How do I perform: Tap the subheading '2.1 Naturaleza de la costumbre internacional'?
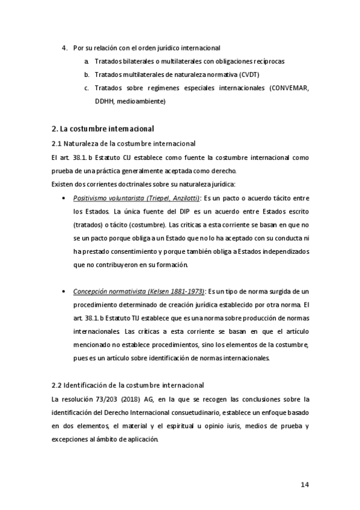pyautogui.click(x=123, y=143)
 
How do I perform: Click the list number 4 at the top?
pyautogui.click(x=64, y=47)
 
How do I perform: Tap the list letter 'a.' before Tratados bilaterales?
pyautogui.click(x=87, y=61)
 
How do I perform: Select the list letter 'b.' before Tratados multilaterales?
pyautogui.click(x=87, y=75)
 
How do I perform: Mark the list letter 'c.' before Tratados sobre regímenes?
pyautogui.click(x=87, y=88)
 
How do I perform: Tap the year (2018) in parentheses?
pyautogui.click(x=133, y=399)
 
